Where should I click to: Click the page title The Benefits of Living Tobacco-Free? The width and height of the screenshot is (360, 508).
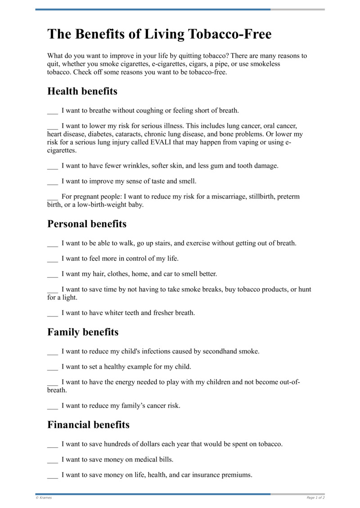pos(159,34)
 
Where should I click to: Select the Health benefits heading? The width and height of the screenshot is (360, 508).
pos(82,91)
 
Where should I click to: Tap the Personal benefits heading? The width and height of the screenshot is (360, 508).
pos(87,224)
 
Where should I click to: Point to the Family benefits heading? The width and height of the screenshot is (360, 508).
pos(83,332)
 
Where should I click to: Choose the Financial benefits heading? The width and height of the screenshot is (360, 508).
pos(88,425)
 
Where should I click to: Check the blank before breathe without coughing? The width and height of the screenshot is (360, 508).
pos(52,111)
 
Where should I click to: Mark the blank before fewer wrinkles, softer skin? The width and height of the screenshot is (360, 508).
pos(52,166)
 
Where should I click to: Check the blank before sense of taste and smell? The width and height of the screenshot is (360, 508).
pos(52,182)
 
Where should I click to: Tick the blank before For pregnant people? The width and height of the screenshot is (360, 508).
pos(52,197)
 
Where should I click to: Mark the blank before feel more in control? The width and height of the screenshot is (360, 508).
pos(52,259)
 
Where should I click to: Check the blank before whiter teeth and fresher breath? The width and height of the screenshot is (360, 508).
pos(52,313)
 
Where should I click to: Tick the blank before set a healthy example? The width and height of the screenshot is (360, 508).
pos(52,367)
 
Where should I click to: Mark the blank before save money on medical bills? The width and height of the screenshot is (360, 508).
pos(52,460)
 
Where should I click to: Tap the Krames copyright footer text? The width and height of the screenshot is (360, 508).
pos(44,498)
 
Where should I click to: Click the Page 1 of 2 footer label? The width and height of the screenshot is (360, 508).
pos(315,498)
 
